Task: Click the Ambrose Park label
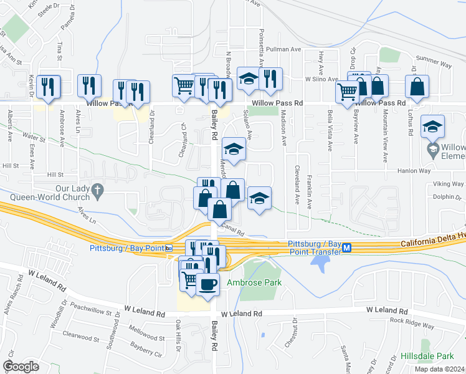(254, 282)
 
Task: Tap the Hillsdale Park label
(436, 356)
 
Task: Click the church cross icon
(97, 189)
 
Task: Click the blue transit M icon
(348, 247)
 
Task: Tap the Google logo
(21, 366)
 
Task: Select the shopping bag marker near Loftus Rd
(417, 87)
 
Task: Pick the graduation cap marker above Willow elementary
(432, 127)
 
